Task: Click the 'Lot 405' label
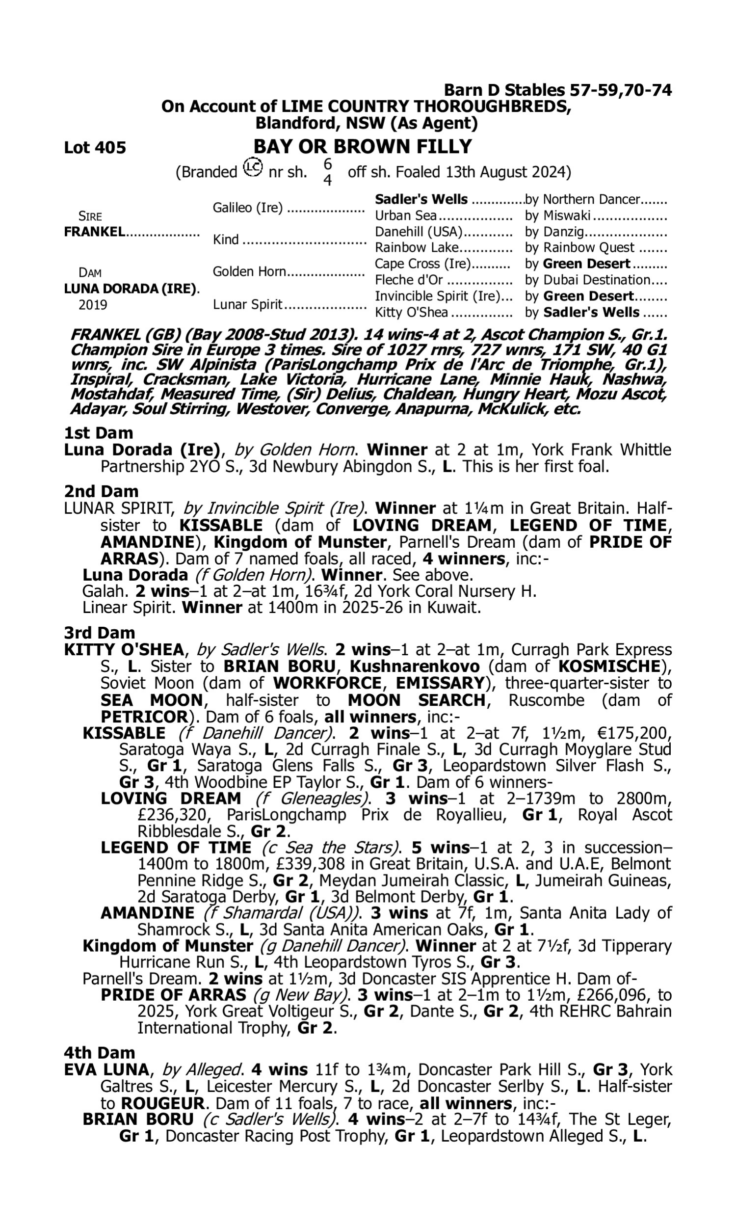tap(95, 148)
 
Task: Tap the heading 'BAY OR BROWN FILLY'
tap(363, 147)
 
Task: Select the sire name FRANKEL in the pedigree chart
tap(94, 232)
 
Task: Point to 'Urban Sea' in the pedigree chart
tap(406, 216)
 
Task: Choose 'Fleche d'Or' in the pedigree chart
tap(409, 280)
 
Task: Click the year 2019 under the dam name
tap(93, 305)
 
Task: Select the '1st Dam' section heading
tap(99, 433)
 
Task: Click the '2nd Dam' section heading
tap(101, 491)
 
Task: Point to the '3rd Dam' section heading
tap(99, 633)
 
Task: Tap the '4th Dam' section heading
tap(99, 1052)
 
